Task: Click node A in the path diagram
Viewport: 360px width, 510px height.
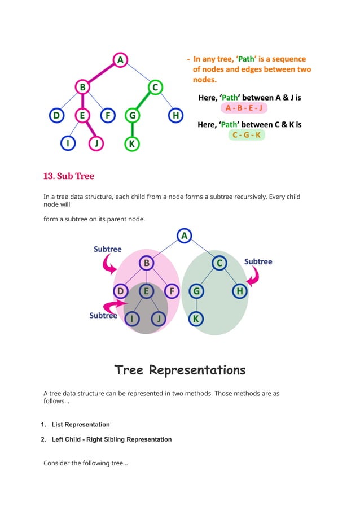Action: (x=120, y=59)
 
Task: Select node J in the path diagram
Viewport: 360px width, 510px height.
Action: (x=96, y=143)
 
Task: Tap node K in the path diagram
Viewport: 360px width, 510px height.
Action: (x=131, y=143)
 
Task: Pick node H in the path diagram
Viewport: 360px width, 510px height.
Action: (x=176, y=116)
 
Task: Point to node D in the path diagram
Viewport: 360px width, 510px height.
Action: (x=56, y=116)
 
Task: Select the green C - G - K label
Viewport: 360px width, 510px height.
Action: (x=247, y=135)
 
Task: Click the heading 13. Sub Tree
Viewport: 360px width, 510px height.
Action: (x=69, y=176)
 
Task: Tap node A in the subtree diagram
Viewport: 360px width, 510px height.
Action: (x=184, y=236)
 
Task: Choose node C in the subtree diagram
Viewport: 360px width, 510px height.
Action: (x=219, y=263)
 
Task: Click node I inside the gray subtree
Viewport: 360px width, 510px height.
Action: (x=133, y=319)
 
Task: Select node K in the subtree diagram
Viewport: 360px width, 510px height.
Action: (x=196, y=319)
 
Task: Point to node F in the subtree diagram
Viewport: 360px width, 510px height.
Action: (x=172, y=291)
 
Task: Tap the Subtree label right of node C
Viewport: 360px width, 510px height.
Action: (x=258, y=261)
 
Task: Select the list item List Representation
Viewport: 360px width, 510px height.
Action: (x=80, y=424)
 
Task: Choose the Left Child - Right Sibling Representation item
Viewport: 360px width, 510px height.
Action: (x=111, y=439)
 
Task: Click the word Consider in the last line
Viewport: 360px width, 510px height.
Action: (x=57, y=463)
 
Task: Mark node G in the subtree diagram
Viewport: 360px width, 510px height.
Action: (x=196, y=291)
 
